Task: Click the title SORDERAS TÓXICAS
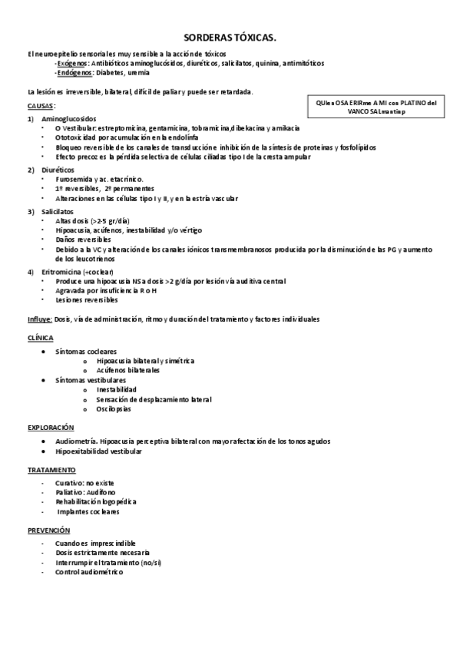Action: click(x=230, y=37)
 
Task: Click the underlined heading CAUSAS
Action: click(x=41, y=105)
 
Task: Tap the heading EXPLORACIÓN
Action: click(x=51, y=426)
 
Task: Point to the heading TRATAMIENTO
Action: click(x=51, y=469)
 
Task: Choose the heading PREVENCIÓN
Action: click(x=48, y=530)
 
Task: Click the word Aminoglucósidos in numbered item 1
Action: click(x=69, y=119)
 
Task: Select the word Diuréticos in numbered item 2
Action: click(x=59, y=169)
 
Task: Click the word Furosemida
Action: click(x=74, y=179)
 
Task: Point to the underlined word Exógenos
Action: click(x=72, y=64)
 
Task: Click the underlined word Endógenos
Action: click(x=74, y=73)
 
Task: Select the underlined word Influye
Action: click(x=40, y=319)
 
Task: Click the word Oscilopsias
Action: click(x=114, y=408)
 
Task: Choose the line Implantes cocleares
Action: click(x=88, y=511)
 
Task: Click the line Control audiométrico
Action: click(x=88, y=572)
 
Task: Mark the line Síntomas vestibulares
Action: click(x=91, y=379)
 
